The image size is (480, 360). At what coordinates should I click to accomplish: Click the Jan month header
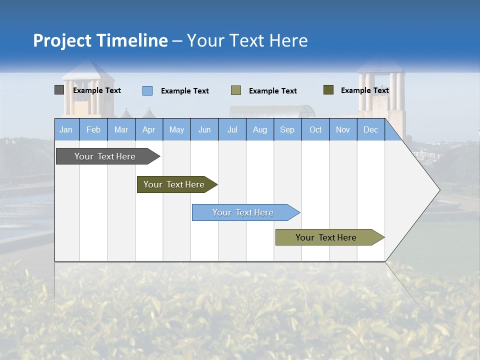pos(66,129)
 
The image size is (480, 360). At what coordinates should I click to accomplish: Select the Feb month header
pos(93,129)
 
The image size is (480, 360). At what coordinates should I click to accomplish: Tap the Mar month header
pos(121,129)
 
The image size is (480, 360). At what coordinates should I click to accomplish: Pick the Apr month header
pos(149,129)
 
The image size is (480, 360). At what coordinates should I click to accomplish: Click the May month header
pos(176,129)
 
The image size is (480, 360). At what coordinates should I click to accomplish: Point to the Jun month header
pos(204,129)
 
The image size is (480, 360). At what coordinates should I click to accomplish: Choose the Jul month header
pos(232,129)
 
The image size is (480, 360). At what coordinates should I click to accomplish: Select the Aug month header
pos(260,129)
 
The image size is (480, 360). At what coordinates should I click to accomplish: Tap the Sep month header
pos(287,129)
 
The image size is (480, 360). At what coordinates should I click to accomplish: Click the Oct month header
pos(315,129)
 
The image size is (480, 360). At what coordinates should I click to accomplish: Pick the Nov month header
pos(343,129)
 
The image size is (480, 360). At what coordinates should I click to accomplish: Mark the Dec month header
pos(371,129)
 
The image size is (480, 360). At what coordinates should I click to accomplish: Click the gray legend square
pos(59,90)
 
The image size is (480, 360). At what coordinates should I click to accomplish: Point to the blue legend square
pos(147,90)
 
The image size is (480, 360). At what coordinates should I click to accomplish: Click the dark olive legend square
pos(328,90)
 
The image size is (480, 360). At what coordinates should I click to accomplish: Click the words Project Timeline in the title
pos(100,40)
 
